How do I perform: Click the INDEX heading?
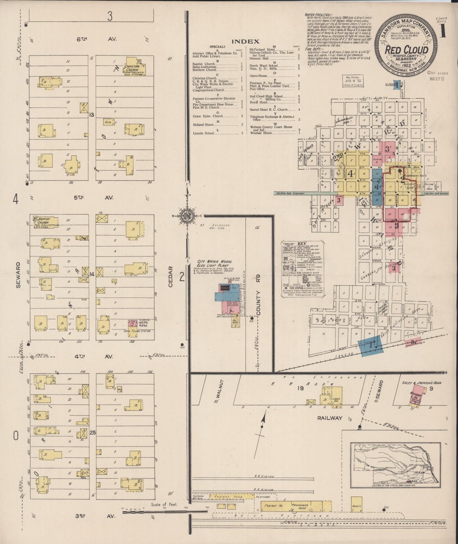pyautogui.click(x=245, y=41)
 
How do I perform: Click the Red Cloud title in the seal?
pyautogui.click(x=406, y=50)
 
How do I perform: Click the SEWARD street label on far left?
pyautogui.click(x=18, y=275)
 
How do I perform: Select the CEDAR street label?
pyautogui.click(x=171, y=276)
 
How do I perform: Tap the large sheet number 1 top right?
pyautogui.click(x=442, y=31)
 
